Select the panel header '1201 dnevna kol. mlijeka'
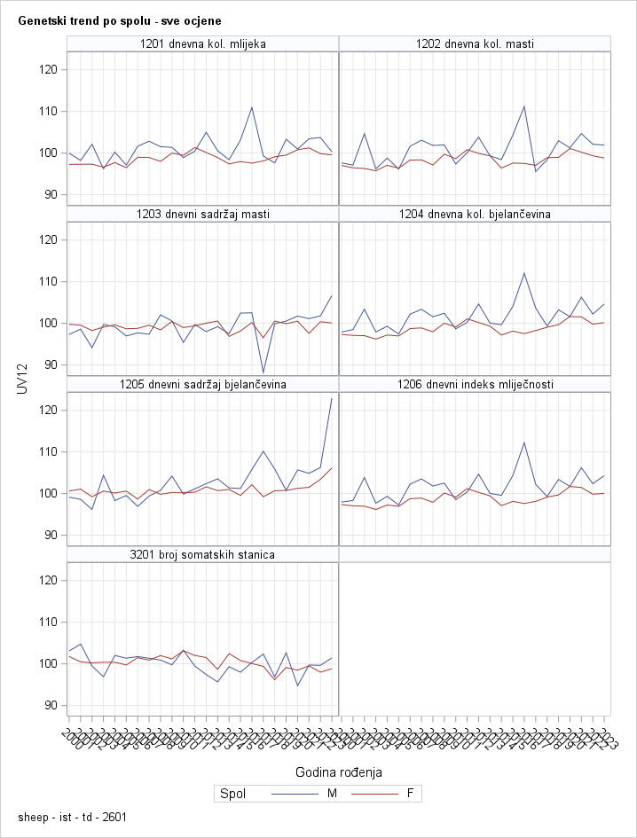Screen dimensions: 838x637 click(x=203, y=43)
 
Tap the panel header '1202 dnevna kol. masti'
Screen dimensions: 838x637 click(x=475, y=43)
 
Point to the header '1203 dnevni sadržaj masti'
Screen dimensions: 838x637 click(x=203, y=214)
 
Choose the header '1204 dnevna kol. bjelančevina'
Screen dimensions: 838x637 click(x=475, y=214)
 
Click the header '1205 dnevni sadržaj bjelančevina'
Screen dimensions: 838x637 click(x=203, y=384)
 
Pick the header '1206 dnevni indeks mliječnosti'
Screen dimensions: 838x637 click(x=475, y=384)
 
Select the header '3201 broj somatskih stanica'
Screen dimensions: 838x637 click(x=203, y=554)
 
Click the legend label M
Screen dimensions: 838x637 click(x=333, y=794)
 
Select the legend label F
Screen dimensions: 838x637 click(x=410, y=794)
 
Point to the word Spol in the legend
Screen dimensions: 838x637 click(x=232, y=794)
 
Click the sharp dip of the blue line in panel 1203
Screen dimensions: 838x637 click(x=263, y=373)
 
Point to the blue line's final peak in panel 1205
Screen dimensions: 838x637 click(x=332, y=398)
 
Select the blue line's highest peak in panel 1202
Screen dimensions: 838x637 click(x=524, y=106)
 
